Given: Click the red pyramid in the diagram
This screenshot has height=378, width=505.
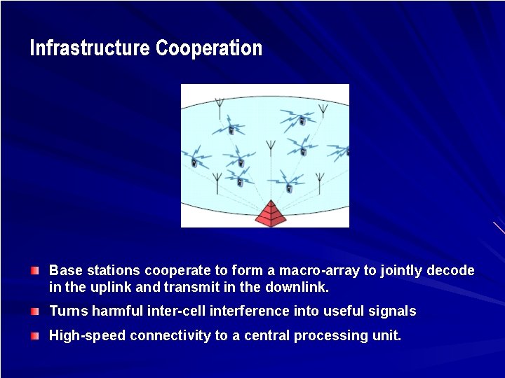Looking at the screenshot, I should click(x=269, y=213).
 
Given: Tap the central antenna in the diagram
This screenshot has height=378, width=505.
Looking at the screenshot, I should click(x=270, y=150).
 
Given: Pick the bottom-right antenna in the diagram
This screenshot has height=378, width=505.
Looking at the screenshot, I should click(x=320, y=183).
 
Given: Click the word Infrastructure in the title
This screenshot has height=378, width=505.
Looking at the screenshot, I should click(x=90, y=48).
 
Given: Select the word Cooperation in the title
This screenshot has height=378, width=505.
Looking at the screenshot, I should click(x=209, y=48).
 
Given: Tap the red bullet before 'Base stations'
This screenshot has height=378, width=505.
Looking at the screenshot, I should click(x=35, y=270).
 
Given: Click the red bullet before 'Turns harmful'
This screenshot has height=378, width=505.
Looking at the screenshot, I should click(x=35, y=311).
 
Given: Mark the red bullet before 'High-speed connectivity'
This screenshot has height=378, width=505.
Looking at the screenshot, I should click(x=35, y=336).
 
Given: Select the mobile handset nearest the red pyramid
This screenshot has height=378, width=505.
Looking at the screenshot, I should click(x=289, y=187).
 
